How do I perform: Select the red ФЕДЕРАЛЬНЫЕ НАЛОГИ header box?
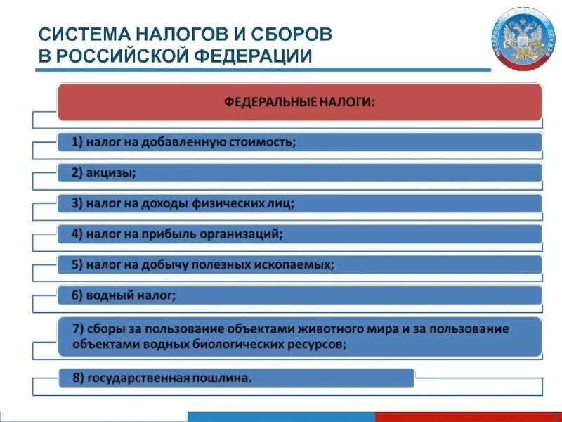[x=299, y=102]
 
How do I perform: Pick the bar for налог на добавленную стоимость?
[x=299, y=143]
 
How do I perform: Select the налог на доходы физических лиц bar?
[x=299, y=203]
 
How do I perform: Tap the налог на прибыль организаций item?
[x=299, y=234]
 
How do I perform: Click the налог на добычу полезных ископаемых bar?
[x=299, y=264]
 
